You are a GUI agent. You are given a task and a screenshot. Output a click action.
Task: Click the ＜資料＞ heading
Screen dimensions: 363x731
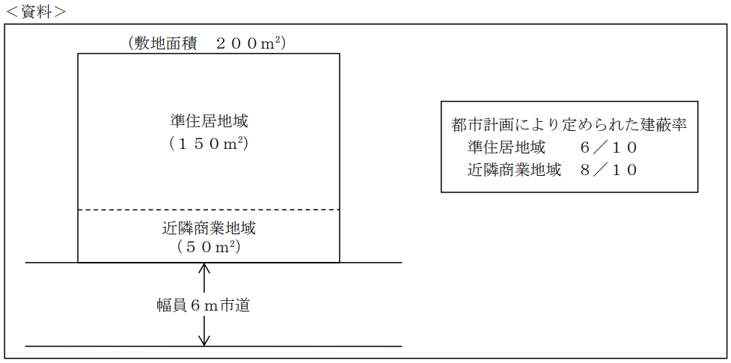coord(34,12)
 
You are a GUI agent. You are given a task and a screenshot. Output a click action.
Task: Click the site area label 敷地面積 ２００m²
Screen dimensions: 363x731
coord(207,43)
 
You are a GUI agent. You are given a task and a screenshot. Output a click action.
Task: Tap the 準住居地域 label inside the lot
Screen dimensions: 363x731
coord(209,121)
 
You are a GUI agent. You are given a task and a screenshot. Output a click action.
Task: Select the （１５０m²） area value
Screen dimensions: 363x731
coord(209,143)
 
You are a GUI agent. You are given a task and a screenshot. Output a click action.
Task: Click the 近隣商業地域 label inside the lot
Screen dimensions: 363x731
coord(209,228)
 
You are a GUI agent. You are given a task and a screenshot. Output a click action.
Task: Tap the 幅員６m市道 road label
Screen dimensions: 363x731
coord(203,305)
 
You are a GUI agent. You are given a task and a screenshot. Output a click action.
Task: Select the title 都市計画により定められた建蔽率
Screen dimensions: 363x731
coord(569,124)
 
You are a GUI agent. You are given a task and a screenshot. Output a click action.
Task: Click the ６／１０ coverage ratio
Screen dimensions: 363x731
coord(608,147)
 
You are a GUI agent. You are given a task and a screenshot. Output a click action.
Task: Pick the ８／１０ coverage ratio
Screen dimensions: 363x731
coord(608,170)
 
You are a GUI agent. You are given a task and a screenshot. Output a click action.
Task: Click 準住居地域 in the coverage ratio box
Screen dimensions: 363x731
coord(506,147)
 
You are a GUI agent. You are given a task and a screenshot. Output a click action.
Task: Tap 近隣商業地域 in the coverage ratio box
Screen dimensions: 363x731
coord(514,170)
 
